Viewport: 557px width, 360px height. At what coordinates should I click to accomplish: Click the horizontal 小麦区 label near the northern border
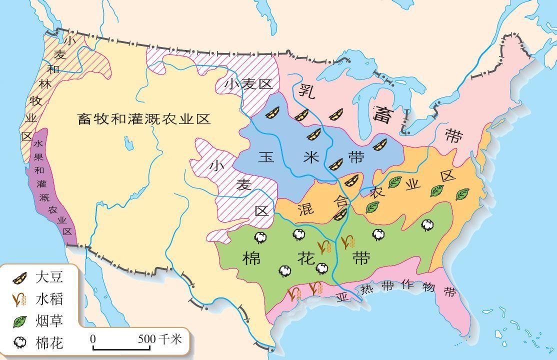248,84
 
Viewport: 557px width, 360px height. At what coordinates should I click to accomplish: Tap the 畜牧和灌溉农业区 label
144,119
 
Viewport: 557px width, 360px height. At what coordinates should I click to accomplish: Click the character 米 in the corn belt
311,157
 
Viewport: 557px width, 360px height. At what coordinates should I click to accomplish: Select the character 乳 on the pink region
306,91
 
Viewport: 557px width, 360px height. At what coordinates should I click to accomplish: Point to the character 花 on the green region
306,259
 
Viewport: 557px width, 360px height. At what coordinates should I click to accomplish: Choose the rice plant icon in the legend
20,299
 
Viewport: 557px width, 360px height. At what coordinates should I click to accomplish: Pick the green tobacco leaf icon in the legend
20,320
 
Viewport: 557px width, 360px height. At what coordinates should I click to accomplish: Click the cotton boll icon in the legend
20,342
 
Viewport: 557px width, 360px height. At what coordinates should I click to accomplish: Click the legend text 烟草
49,320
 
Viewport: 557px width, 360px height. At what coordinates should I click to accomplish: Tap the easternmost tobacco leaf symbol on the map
462,194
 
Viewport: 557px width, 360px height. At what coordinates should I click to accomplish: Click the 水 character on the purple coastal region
39,143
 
